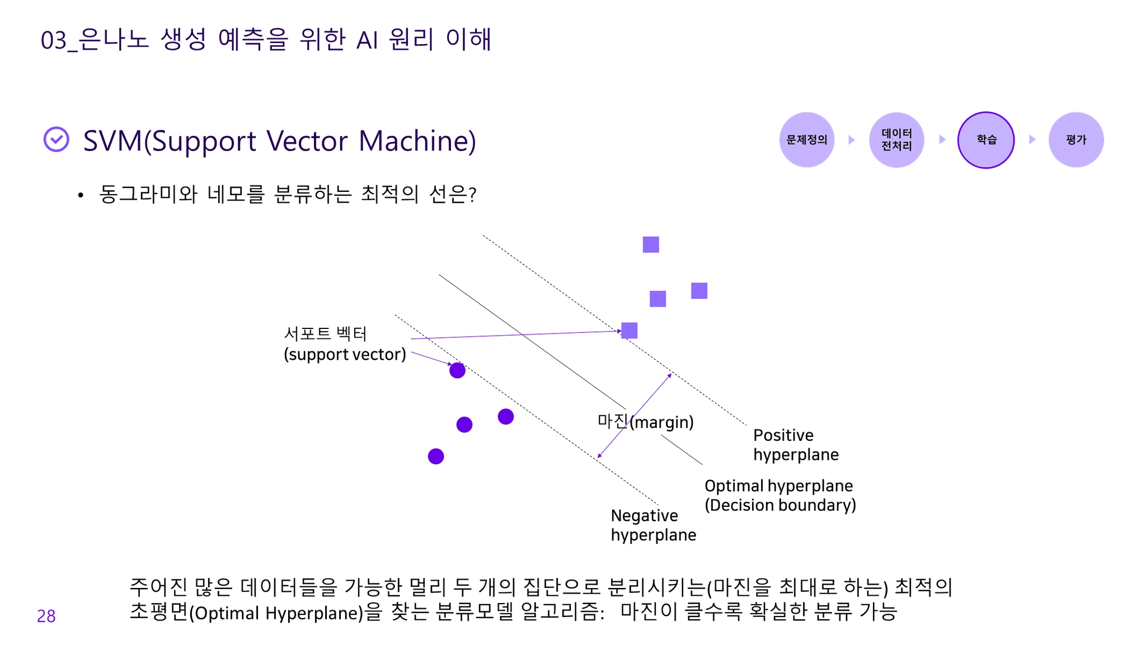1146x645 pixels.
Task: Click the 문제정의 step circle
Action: [x=806, y=140]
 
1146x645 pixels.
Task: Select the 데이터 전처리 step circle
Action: [x=896, y=140]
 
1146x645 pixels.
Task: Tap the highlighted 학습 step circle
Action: [x=985, y=140]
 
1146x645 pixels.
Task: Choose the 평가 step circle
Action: [x=1075, y=140]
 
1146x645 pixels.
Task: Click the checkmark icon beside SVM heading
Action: [x=57, y=139]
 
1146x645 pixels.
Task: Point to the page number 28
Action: [x=46, y=616]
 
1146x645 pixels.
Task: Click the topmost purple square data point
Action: [x=650, y=244]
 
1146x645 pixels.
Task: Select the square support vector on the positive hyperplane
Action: [x=629, y=331]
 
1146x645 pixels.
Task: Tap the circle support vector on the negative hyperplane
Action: [x=457, y=370]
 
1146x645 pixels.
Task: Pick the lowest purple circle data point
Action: [x=436, y=456]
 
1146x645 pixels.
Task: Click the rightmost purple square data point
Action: [x=699, y=291]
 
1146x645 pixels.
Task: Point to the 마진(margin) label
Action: [x=645, y=421]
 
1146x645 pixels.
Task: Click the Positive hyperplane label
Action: [x=795, y=445]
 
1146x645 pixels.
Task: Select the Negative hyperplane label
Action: [x=653, y=525]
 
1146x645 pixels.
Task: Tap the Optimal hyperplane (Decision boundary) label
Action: [x=779, y=495]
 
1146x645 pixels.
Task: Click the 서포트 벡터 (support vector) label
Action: [x=344, y=344]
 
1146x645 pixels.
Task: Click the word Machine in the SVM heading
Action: [x=416, y=140]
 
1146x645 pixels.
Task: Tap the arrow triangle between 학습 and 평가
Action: [x=1032, y=139]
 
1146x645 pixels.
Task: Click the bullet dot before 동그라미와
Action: [x=81, y=195]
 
